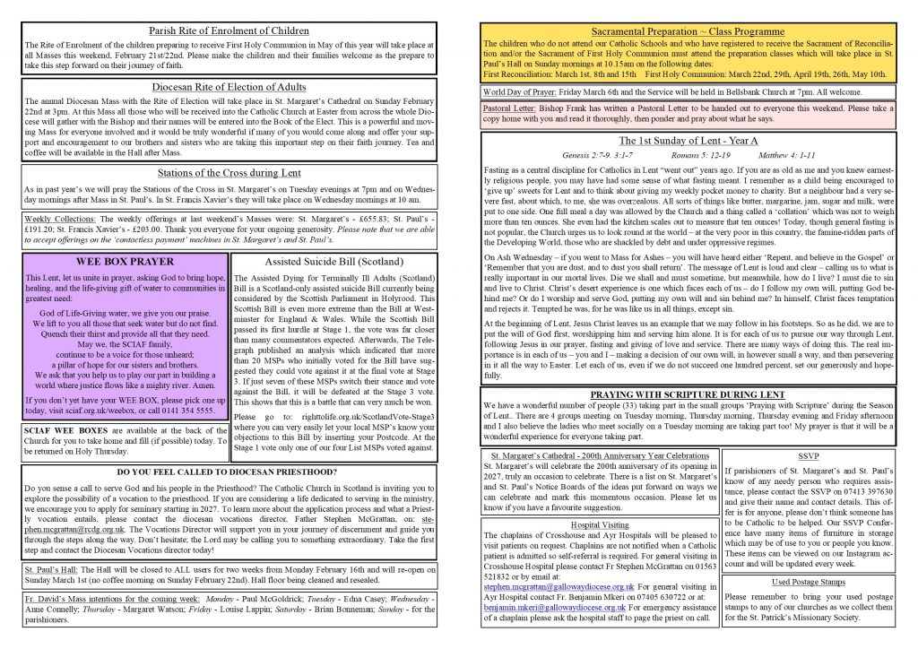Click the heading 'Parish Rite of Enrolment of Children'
click(229, 30)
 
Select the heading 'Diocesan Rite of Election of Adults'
click(229, 87)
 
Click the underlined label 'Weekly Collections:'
click(58, 219)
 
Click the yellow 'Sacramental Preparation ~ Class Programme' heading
click(689, 31)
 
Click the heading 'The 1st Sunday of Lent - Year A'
click(688, 141)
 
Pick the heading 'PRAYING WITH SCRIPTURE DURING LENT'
click(688, 394)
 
